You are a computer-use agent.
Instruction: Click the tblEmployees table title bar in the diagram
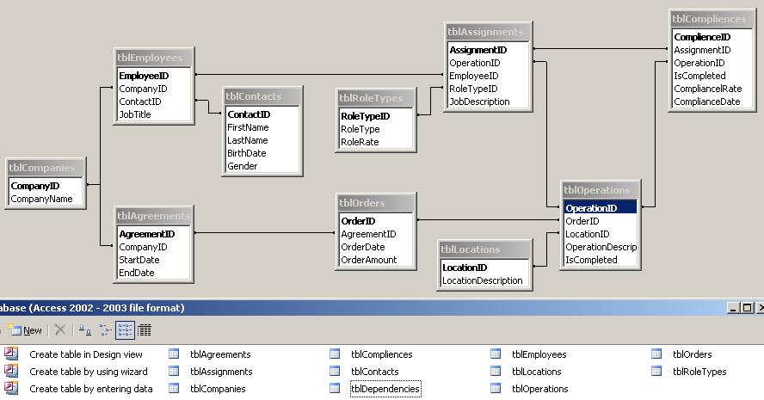coord(154,58)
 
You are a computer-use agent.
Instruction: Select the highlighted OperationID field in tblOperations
coord(591,208)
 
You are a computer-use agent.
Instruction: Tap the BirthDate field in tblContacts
coord(247,153)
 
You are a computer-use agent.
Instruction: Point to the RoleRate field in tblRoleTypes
coord(360,142)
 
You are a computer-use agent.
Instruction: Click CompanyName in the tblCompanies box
coord(41,199)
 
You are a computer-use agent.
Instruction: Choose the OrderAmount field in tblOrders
coord(369,260)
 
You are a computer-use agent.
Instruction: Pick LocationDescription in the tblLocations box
coord(483,280)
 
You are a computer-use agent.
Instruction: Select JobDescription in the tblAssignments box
coord(479,102)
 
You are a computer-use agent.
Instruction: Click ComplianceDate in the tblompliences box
coord(707,102)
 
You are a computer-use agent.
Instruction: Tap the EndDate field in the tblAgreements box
coord(137,273)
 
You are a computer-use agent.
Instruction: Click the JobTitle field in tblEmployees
coord(135,114)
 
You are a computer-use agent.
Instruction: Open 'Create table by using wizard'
coord(89,372)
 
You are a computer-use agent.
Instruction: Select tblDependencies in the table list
coord(385,389)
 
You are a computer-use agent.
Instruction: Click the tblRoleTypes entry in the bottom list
coord(699,372)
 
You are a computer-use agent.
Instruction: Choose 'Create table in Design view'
coord(86,354)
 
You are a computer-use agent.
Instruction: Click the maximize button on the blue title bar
coord(747,308)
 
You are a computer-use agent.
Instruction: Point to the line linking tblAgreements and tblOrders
coord(265,233)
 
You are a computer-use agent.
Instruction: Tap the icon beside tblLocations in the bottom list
coord(496,372)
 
